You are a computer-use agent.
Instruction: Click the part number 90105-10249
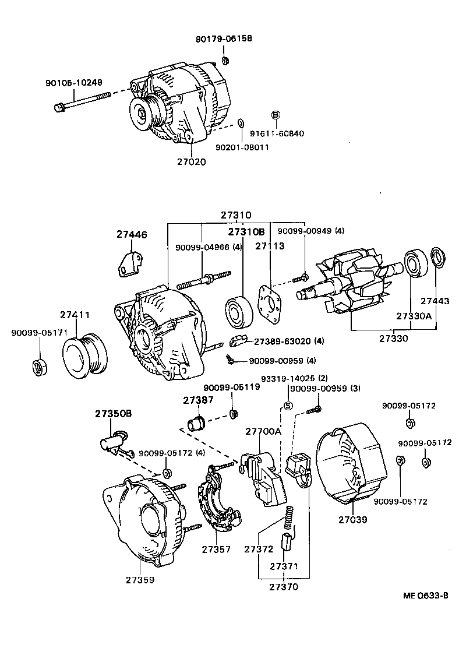tap(73, 83)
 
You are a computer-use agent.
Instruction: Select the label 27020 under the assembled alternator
tap(192, 162)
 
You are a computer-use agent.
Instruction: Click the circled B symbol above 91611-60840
tap(276, 115)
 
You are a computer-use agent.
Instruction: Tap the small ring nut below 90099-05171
tap(39, 368)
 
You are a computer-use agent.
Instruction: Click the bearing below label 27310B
tap(237, 312)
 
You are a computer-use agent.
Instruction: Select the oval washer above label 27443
tap(436, 258)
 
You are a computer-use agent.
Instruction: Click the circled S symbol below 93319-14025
tap(287, 406)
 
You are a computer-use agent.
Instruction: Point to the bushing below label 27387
tap(196, 421)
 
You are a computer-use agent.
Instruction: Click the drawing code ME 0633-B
tap(425, 595)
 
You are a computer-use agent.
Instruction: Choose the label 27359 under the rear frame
tap(140, 580)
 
